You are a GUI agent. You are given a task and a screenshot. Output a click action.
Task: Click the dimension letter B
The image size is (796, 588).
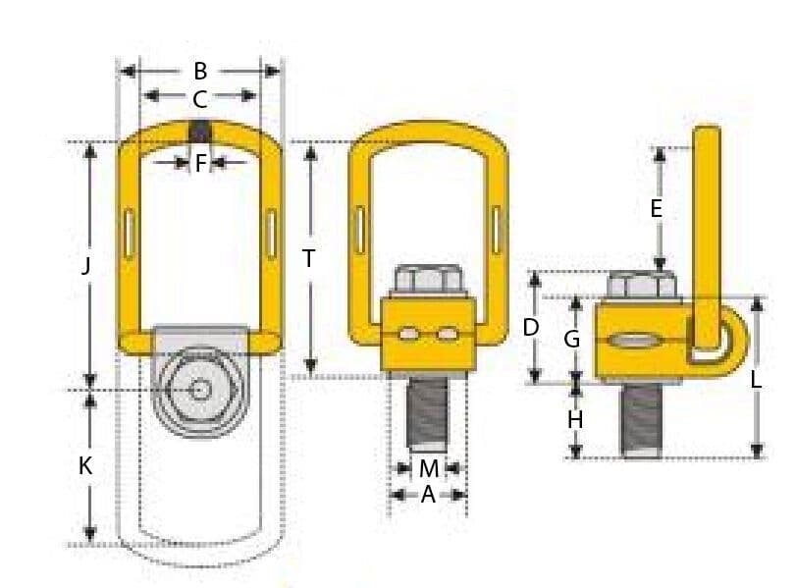point(200,71)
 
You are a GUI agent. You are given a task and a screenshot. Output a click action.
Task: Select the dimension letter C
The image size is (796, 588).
point(200,98)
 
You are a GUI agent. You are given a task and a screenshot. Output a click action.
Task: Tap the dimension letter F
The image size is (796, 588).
point(200,163)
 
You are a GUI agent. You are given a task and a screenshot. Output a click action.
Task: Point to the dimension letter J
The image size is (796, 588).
point(86,265)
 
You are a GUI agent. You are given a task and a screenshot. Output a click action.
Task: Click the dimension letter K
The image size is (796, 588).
point(86,466)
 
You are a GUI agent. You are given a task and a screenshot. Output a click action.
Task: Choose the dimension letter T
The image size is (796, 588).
point(309,259)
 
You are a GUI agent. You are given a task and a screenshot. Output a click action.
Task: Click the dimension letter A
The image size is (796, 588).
point(428,496)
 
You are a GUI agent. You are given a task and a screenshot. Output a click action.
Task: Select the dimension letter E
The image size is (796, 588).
point(657,208)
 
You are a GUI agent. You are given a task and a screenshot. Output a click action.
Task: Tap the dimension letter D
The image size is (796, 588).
point(531,327)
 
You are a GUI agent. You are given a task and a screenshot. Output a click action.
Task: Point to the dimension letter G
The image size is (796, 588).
point(572,340)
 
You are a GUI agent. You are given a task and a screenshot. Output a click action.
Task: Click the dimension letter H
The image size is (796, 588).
point(575,420)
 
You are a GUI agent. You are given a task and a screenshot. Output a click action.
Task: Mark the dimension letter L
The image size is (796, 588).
point(757,380)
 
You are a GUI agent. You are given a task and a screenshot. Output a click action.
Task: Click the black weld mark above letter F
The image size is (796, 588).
point(200,131)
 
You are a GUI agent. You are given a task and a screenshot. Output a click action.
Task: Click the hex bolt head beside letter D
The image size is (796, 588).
point(640,286)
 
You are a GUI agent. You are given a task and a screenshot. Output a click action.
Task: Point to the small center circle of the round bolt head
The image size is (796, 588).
point(200,390)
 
